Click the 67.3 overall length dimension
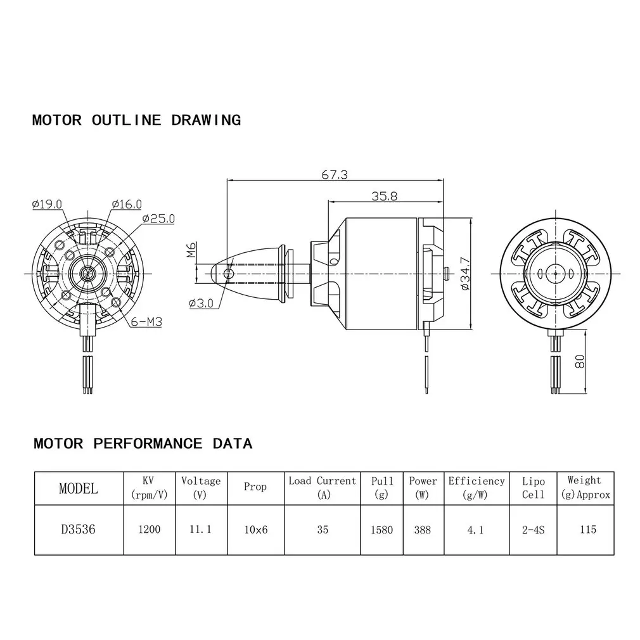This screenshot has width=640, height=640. (335, 175)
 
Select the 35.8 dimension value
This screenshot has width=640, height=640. (384, 196)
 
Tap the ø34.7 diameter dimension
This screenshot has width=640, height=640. (466, 274)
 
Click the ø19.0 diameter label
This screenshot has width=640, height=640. (47, 204)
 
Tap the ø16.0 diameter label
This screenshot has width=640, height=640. (127, 204)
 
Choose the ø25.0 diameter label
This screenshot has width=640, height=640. (158, 219)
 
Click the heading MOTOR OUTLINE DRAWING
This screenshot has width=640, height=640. (136, 120)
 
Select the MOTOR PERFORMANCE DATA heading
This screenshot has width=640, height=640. (143, 443)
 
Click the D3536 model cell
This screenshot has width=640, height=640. (78, 529)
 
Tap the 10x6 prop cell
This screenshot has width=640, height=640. (255, 529)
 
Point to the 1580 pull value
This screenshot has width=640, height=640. (382, 529)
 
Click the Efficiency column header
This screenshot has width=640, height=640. (477, 487)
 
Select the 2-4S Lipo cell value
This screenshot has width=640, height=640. (533, 529)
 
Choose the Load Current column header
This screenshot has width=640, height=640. (323, 487)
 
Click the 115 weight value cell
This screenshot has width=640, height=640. (587, 529)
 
